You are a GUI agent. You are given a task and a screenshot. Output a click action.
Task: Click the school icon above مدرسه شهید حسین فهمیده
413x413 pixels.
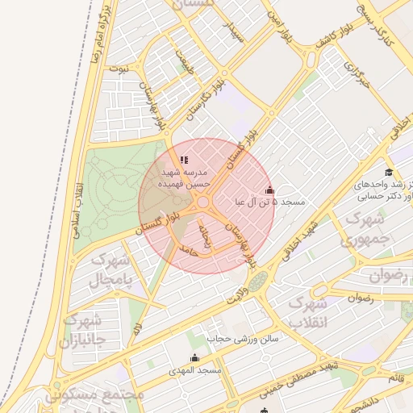tap(185, 160)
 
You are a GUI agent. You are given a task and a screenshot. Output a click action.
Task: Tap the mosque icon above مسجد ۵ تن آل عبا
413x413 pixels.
tap(269, 189)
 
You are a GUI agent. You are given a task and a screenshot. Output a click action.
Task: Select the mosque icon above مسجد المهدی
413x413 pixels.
tap(194, 357)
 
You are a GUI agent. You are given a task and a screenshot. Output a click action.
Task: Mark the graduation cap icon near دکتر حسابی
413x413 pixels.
tap(390, 172)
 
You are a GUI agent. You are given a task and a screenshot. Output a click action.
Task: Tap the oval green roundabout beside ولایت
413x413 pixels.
tap(257, 282)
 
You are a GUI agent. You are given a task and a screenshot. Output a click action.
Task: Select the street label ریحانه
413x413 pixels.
tap(206, 240)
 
